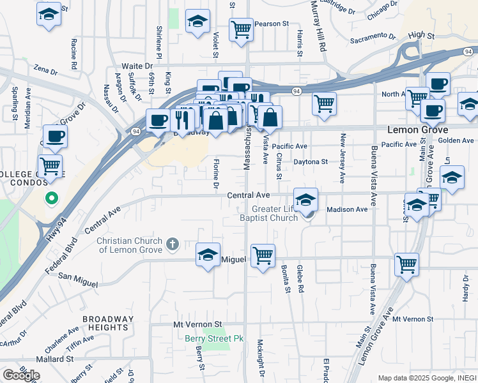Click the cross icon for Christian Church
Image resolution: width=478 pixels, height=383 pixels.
coord(172,243)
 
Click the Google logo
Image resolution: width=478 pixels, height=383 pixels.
coord(21,375)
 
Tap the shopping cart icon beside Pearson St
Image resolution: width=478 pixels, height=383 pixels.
coord(241,29)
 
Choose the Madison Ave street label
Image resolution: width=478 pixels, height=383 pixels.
coord(347,209)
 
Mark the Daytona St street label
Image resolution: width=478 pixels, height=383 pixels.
coord(310,162)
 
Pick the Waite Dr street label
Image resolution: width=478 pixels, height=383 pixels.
coord(137,66)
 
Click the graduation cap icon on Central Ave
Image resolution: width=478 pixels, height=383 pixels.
coord(305,200)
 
